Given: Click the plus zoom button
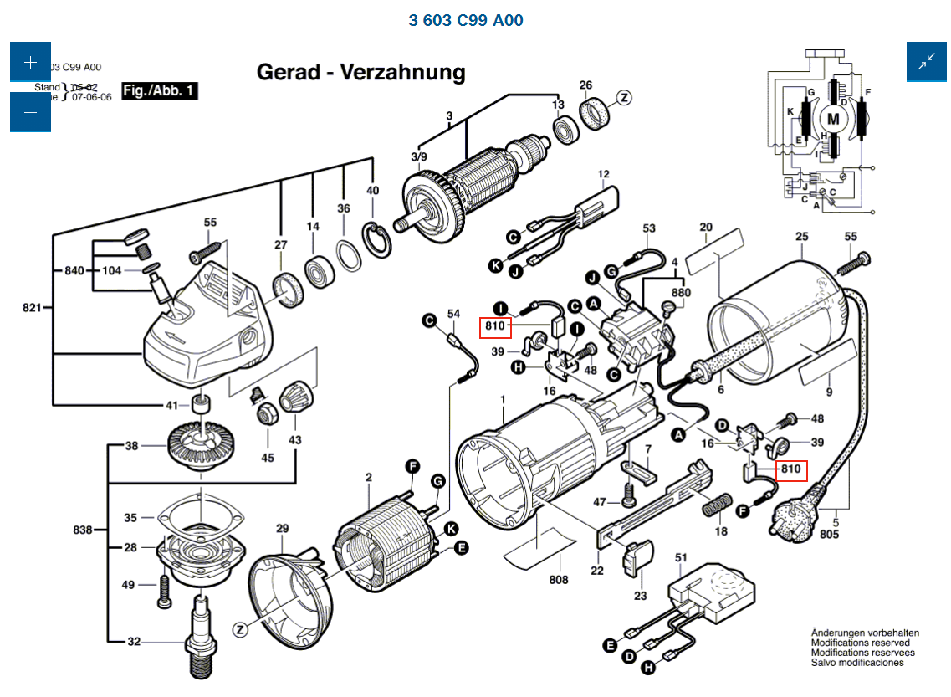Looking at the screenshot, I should pyautogui.click(x=31, y=62).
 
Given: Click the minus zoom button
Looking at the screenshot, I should pyautogui.click(x=31, y=112).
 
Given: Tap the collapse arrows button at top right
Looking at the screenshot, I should pyautogui.click(x=927, y=61).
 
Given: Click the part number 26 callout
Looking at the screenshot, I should pyautogui.click(x=585, y=85).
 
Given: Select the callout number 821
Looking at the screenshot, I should pyautogui.click(x=33, y=308).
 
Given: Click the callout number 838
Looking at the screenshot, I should pyautogui.click(x=82, y=530).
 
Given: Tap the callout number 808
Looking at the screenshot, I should pyautogui.click(x=559, y=580).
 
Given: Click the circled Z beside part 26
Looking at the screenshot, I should pyautogui.click(x=624, y=97).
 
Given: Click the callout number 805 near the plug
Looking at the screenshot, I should pyautogui.click(x=829, y=534).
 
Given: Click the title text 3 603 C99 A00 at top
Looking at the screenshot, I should pyautogui.click(x=466, y=20).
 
